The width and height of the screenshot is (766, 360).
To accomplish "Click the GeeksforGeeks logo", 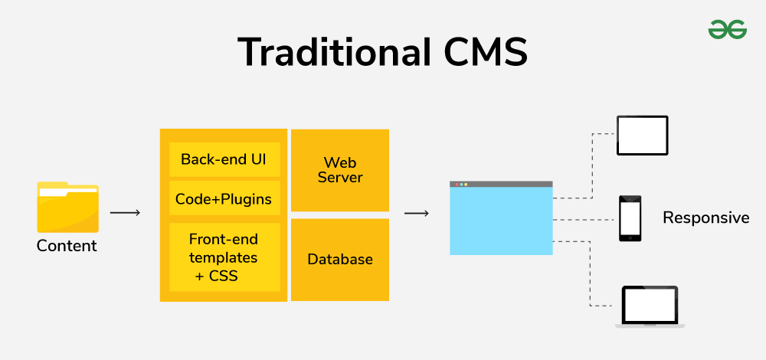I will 727,29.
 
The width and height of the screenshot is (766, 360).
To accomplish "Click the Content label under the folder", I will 67,247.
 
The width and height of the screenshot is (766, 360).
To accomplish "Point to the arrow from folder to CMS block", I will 126,212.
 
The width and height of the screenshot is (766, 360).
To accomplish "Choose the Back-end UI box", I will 224,159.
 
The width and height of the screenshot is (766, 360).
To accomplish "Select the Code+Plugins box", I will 224,198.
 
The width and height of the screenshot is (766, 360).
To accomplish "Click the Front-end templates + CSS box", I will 224,257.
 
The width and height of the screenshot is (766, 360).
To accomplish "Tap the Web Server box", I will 340,170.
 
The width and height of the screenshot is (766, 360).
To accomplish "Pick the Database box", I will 340,260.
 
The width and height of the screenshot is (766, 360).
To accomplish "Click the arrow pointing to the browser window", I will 416,212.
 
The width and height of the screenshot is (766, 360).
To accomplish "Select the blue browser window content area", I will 500,221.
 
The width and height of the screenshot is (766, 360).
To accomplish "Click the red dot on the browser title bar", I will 457,185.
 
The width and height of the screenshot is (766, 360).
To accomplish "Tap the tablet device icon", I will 643,136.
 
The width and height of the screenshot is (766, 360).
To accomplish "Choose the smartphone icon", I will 630,218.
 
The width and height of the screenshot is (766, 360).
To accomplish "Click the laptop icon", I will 650,306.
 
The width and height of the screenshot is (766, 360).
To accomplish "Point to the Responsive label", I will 705,218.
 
